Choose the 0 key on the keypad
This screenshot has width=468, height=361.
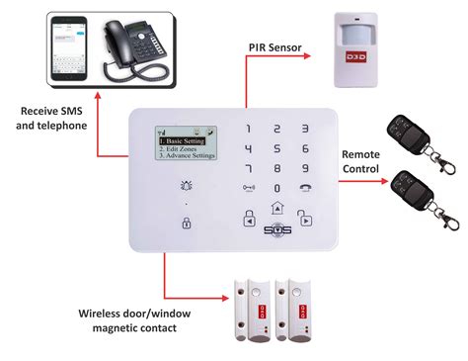(x=276, y=187)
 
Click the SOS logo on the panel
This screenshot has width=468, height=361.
(x=276, y=230)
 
